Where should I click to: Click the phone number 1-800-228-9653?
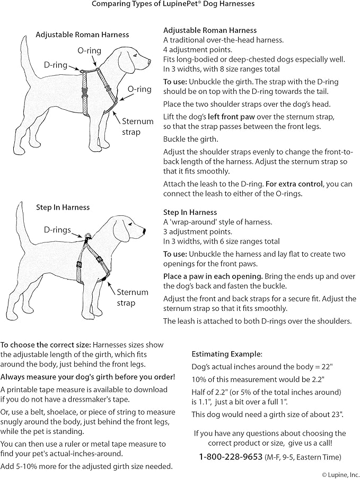231,457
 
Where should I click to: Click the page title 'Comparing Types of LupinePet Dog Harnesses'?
173,4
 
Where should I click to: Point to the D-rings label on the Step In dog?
57,230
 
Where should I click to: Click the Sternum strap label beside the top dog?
137,126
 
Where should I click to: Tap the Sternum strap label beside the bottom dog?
133,298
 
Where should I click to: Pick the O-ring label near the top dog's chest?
139,89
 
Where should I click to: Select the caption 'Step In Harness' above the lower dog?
63,207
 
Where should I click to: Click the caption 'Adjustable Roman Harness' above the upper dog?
82,35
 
